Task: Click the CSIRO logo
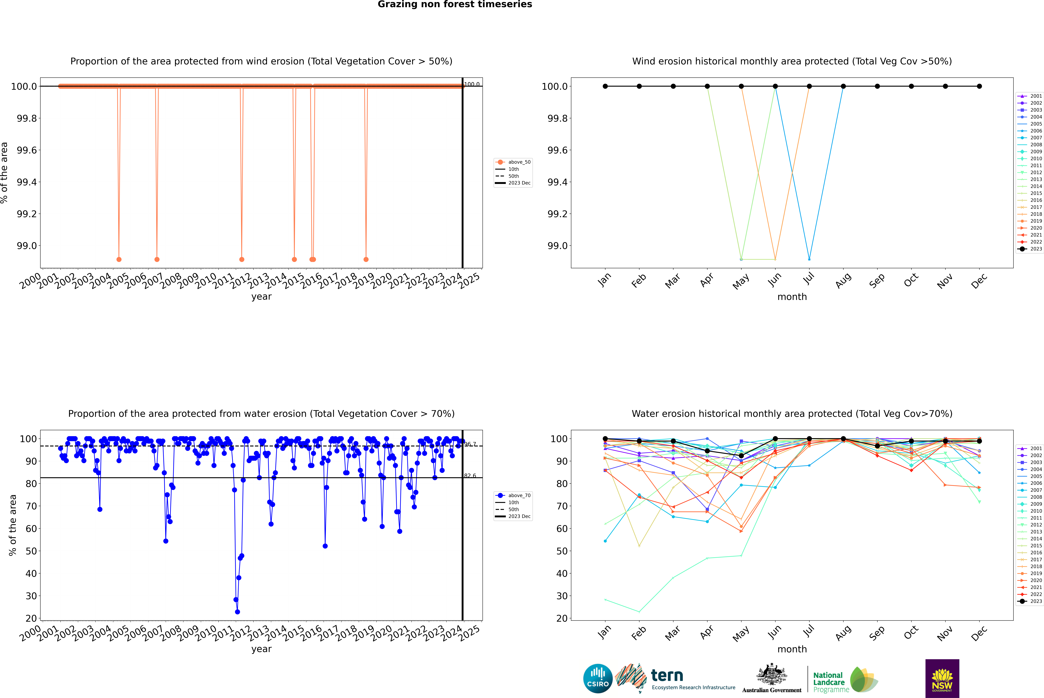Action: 598,678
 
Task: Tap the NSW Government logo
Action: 942,678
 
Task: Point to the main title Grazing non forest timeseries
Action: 455,4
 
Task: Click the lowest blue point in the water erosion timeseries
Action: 237,612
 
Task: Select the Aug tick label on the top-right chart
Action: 843,280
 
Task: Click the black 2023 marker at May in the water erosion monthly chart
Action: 741,456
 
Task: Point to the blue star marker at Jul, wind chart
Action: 809,259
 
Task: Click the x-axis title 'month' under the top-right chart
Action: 792,297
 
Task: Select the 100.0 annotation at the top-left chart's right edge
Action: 472,84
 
